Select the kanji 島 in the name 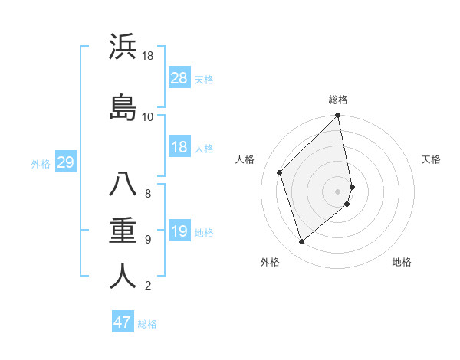[x=123, y=106]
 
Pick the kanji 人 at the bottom [x=123, y=276]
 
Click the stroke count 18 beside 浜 [x=148, y=56]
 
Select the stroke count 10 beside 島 [x=148, y=116]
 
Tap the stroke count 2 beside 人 [x=147, y=286]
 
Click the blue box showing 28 [x=179, y=78]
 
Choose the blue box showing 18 [x=179, y=147]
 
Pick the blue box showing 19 [x=179, y=231]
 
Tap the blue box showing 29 [x=65, y=162]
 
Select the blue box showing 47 [x=123, y=322]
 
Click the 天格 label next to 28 [x=204, y=79]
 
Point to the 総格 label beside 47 [x=147, y=324]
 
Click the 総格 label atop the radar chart [x=338, y=100]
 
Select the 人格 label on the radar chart [x=245, y=159]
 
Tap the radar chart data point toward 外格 [x=301, y=242]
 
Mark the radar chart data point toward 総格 [x=338, y=116]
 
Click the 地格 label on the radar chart [x=402, y=263]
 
